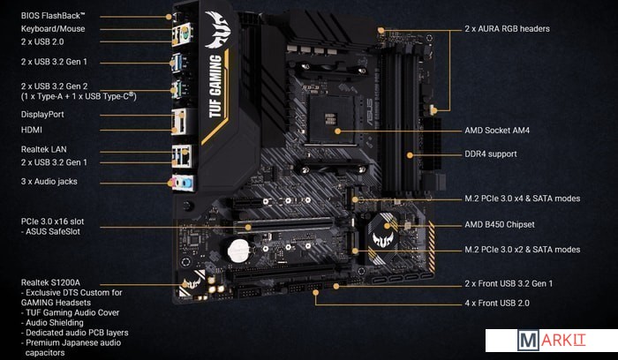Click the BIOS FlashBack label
click(x=53, y=16)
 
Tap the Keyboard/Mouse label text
click(x=53, y=29)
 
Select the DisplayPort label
click(x=42, y=114)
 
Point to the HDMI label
click(x=32, y=130)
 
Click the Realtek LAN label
click(x=44, y=149)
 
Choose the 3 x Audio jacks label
click(x=49, y=182)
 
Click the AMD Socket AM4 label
click(x=497, y=131)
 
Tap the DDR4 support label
click(x=491, y=154)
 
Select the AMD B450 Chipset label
click(x=500, y=224)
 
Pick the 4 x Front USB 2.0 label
click(x=497, y=304)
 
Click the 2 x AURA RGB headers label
click(x=507, y=29)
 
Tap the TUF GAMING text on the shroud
click(x=215, y=86)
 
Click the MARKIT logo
click(x=552, y=341)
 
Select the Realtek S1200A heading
click(x=50, y=282)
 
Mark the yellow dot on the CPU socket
click(x=337, y=131)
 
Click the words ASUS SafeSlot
click(x=53, y=231)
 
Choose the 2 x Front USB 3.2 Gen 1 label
click(x=509, y=283)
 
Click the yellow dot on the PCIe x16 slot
click(x=248, y=227)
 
